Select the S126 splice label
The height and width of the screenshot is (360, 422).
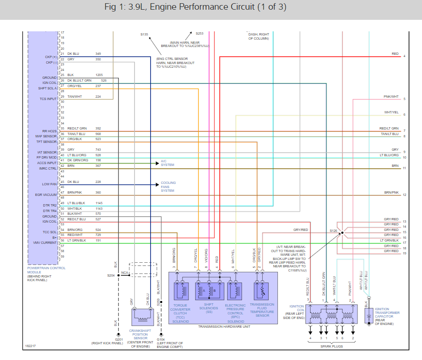[333, 230]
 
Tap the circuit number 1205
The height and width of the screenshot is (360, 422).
[99, 75]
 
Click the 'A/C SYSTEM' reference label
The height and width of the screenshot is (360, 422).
[167, 163]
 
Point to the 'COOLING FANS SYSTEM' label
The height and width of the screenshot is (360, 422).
[168, 187]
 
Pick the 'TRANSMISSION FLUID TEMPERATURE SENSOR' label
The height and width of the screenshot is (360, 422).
[262, 310]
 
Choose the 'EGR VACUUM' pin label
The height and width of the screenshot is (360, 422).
[47, 195]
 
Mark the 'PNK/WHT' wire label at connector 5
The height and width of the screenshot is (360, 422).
[391, 97]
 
